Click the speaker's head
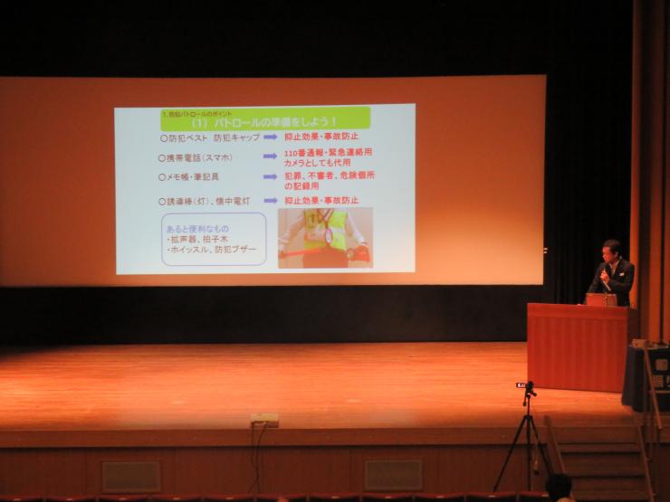click(612, 251)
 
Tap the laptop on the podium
click(600, 298)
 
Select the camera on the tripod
click(527, 389)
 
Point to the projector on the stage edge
click(263, 420)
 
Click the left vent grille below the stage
click(130, 476)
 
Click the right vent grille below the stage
click(393, 475)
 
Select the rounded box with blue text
click(214, 239)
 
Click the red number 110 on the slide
click(292, 153)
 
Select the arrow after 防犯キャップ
click(270, 137)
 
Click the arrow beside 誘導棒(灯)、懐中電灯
click(270, 200)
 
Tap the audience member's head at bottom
click(559, 487)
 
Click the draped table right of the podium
click(646, 375)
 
